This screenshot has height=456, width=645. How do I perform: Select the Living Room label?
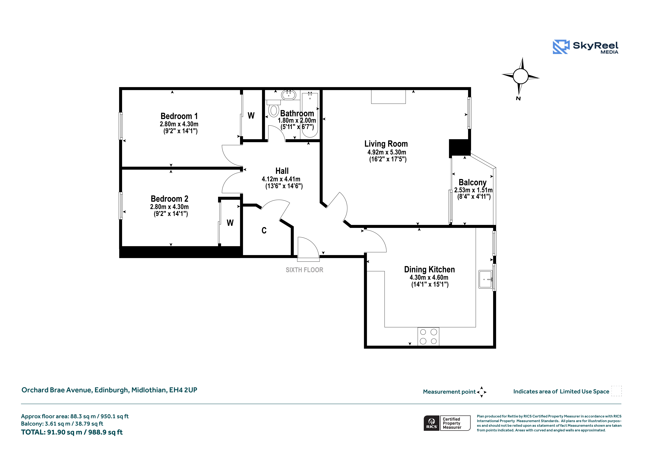[386, 144]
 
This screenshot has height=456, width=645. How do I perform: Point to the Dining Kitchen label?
[429, 269]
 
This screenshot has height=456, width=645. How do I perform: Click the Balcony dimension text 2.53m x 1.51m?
[473, 190]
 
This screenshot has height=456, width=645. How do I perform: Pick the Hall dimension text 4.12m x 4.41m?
[281, 179]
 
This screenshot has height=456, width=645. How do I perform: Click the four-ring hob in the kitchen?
[428, 336]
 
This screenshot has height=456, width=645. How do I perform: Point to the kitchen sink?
[486, 279]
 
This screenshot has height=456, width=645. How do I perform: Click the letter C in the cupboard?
[264, 230]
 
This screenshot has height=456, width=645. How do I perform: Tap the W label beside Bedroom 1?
[251, 115]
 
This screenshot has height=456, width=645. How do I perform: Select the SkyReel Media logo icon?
[561, 47]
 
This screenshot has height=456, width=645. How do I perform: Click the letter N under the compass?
[518, 98]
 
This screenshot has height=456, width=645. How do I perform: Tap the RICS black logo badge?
[432, 423]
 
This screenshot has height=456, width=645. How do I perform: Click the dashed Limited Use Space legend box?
[617, 391]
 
